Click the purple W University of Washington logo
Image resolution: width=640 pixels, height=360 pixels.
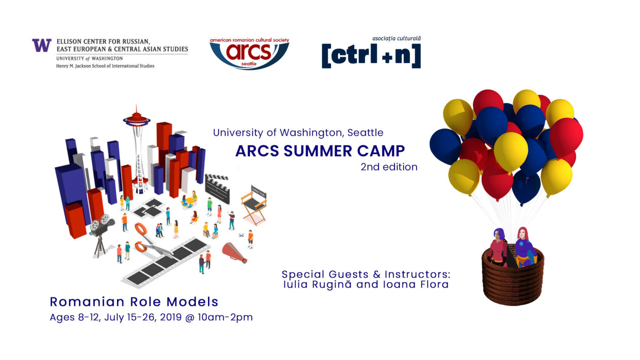click(x=42, y=45)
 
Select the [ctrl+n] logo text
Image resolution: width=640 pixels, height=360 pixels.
click(x=371, y=56)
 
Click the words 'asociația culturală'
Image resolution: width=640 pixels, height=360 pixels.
click(x=396, y=38)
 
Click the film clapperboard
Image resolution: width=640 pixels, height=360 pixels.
click(x=218, y=188)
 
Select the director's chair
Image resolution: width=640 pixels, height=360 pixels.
click(x=254, y=204)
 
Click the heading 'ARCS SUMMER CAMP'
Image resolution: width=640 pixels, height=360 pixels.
click(x=320, y=151)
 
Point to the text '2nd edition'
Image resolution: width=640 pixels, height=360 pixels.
click(x=389, y=167)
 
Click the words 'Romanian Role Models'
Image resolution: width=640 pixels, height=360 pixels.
click(x=134, y=302)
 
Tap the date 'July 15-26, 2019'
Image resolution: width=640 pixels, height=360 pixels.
click(x=143, y=317)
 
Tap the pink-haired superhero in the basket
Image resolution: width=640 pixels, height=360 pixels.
click(x=525, y=247)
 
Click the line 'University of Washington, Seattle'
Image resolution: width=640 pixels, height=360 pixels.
click(x=298, y=133)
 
